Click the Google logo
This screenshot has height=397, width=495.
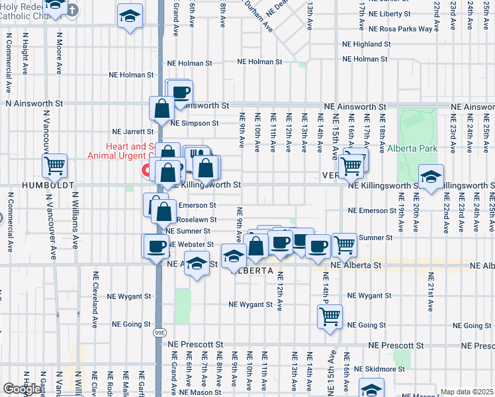pyautogui.click(x=22, y=389)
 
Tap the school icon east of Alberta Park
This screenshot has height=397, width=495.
pyautogui.click(x=431, y=178)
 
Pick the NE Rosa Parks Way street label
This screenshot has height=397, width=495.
pyautogui.click(x=400, y=29)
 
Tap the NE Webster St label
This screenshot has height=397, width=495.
pyautogui.click(x=192, y=244)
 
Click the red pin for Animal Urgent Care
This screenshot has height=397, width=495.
pyautogui.click(x=145, y=171)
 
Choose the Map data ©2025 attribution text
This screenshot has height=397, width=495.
pyautogui.click(x=466, y=392)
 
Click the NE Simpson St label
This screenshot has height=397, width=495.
pyautogui.click(x=194, y=123)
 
